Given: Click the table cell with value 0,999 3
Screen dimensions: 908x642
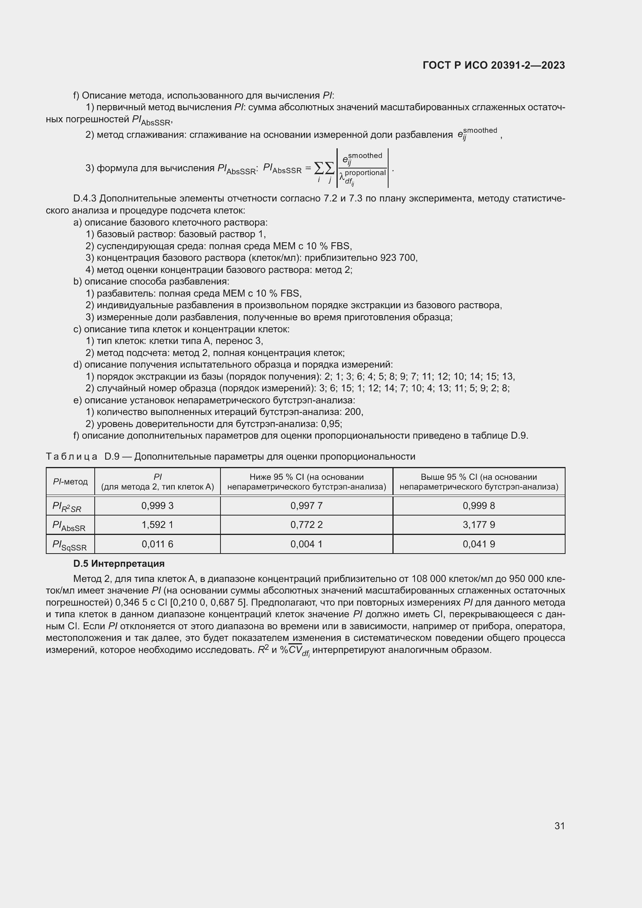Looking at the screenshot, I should [157, 506].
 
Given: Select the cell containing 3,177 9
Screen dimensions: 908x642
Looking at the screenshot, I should [479, 525].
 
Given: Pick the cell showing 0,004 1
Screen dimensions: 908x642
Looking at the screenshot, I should [306, 544].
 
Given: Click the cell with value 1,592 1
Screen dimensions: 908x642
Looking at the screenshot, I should [157, 525].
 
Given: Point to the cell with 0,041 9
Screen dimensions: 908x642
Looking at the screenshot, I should [479, 544].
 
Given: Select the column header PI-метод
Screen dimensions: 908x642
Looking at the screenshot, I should [70, 482].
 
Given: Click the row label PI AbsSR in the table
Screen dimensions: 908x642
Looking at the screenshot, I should [69, 526].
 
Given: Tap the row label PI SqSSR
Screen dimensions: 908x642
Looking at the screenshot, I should [69, 545].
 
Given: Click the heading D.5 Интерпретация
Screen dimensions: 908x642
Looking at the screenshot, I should [119, 564].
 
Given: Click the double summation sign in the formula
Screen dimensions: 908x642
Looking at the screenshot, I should [324, 168].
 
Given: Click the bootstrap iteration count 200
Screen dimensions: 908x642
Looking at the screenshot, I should [353, 412].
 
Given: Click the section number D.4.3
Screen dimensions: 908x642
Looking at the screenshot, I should [85, 198].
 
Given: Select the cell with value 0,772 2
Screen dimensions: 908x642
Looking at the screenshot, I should [306, 525].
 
